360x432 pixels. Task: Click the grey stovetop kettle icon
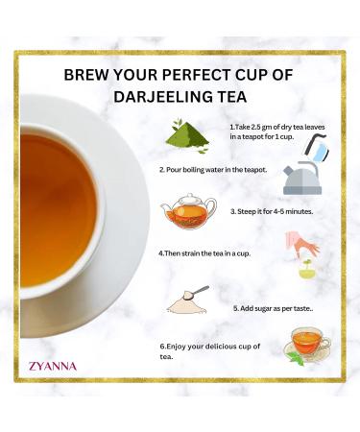pyautogui.click(x=302, y=178)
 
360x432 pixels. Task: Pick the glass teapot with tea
pyautogui.click(x=187, y=213)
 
